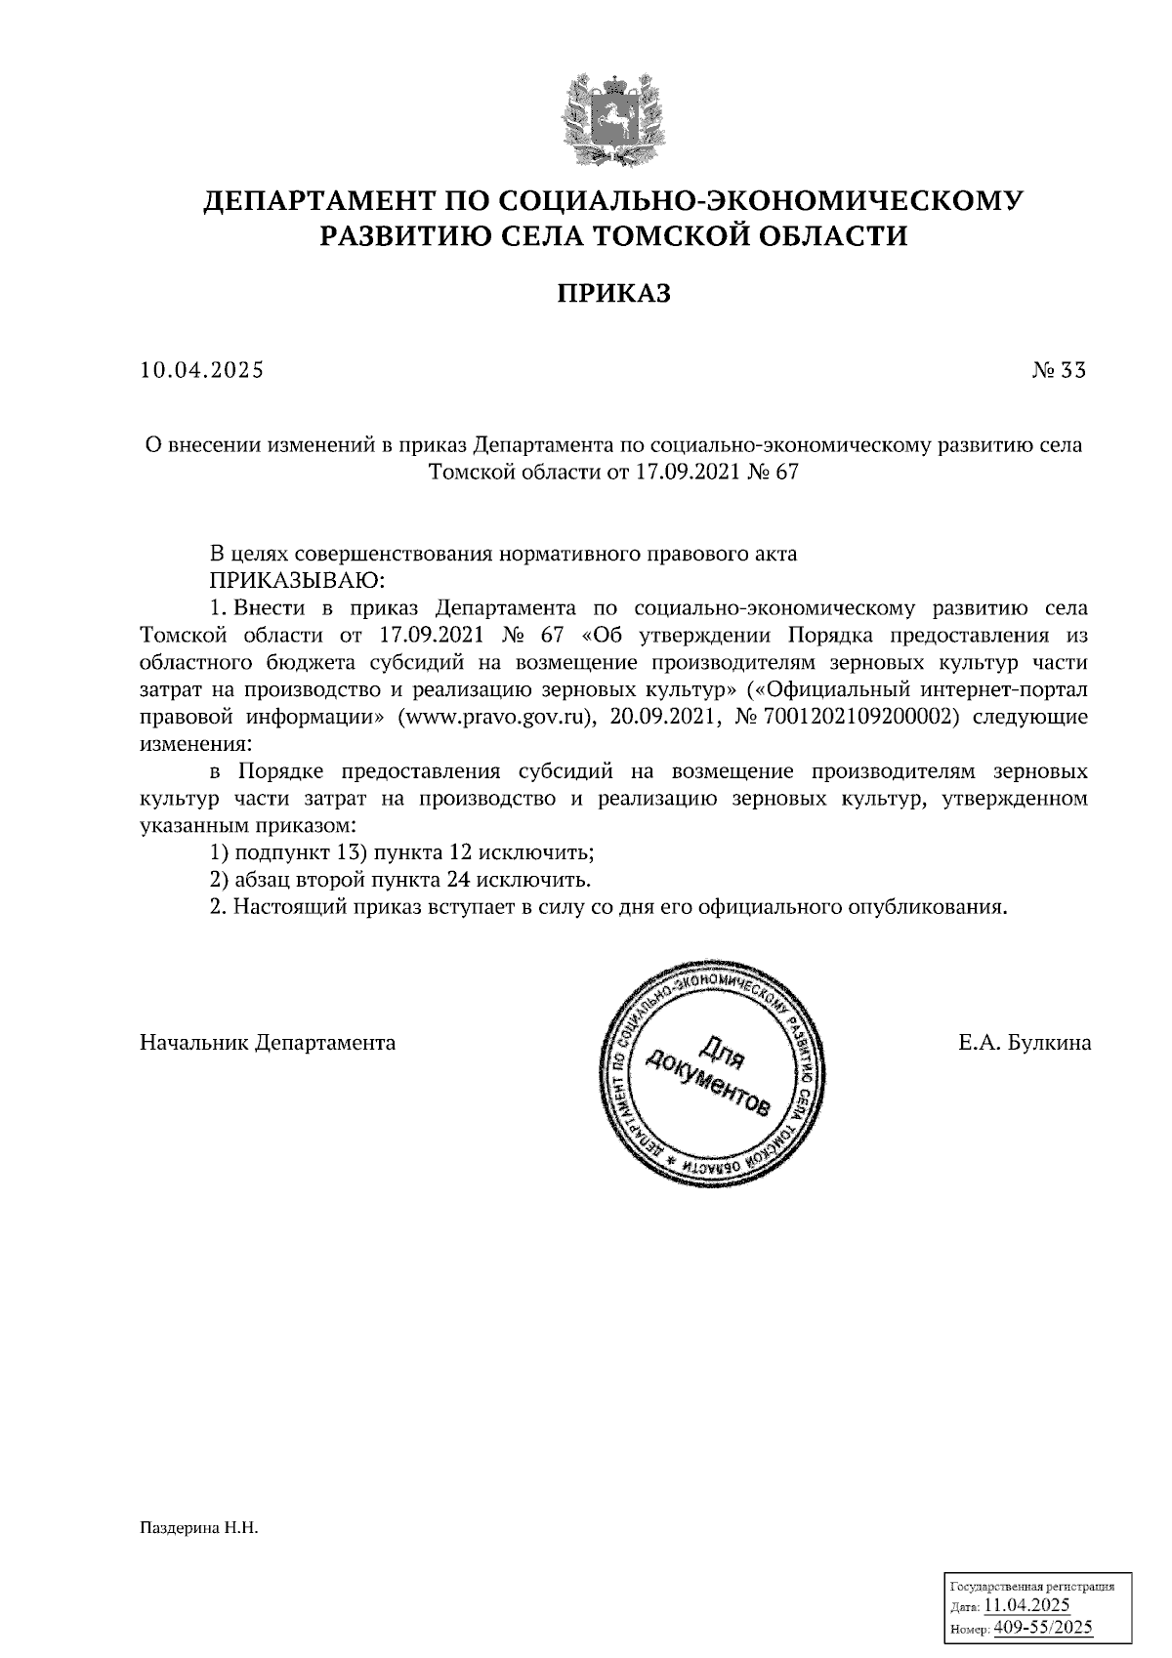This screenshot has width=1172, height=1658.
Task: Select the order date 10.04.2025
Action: (x=202, y=371)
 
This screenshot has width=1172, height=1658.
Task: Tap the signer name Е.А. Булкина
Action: (x=1025, y=1043)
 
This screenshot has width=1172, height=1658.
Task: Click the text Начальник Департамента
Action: (x=268, y=1043)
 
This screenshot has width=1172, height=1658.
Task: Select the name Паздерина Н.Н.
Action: (x=198, y=1527)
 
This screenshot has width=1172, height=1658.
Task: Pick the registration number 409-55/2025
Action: (x=1043, y=1627)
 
